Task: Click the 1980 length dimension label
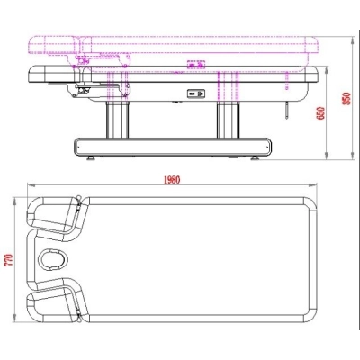(x=172, y=180)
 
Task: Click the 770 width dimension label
(x=9, y=260)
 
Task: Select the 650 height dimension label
(x=320, y=113)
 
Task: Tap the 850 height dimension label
(x=346, y=98)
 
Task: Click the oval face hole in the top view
(x=54, y=258)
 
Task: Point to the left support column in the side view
(x=117, y=120)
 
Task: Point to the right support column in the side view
(x=228, y=120)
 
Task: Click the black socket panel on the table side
(x=196, y=94)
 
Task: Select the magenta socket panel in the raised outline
(x=196, y=65)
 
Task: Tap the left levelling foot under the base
(x=91, y=157)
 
